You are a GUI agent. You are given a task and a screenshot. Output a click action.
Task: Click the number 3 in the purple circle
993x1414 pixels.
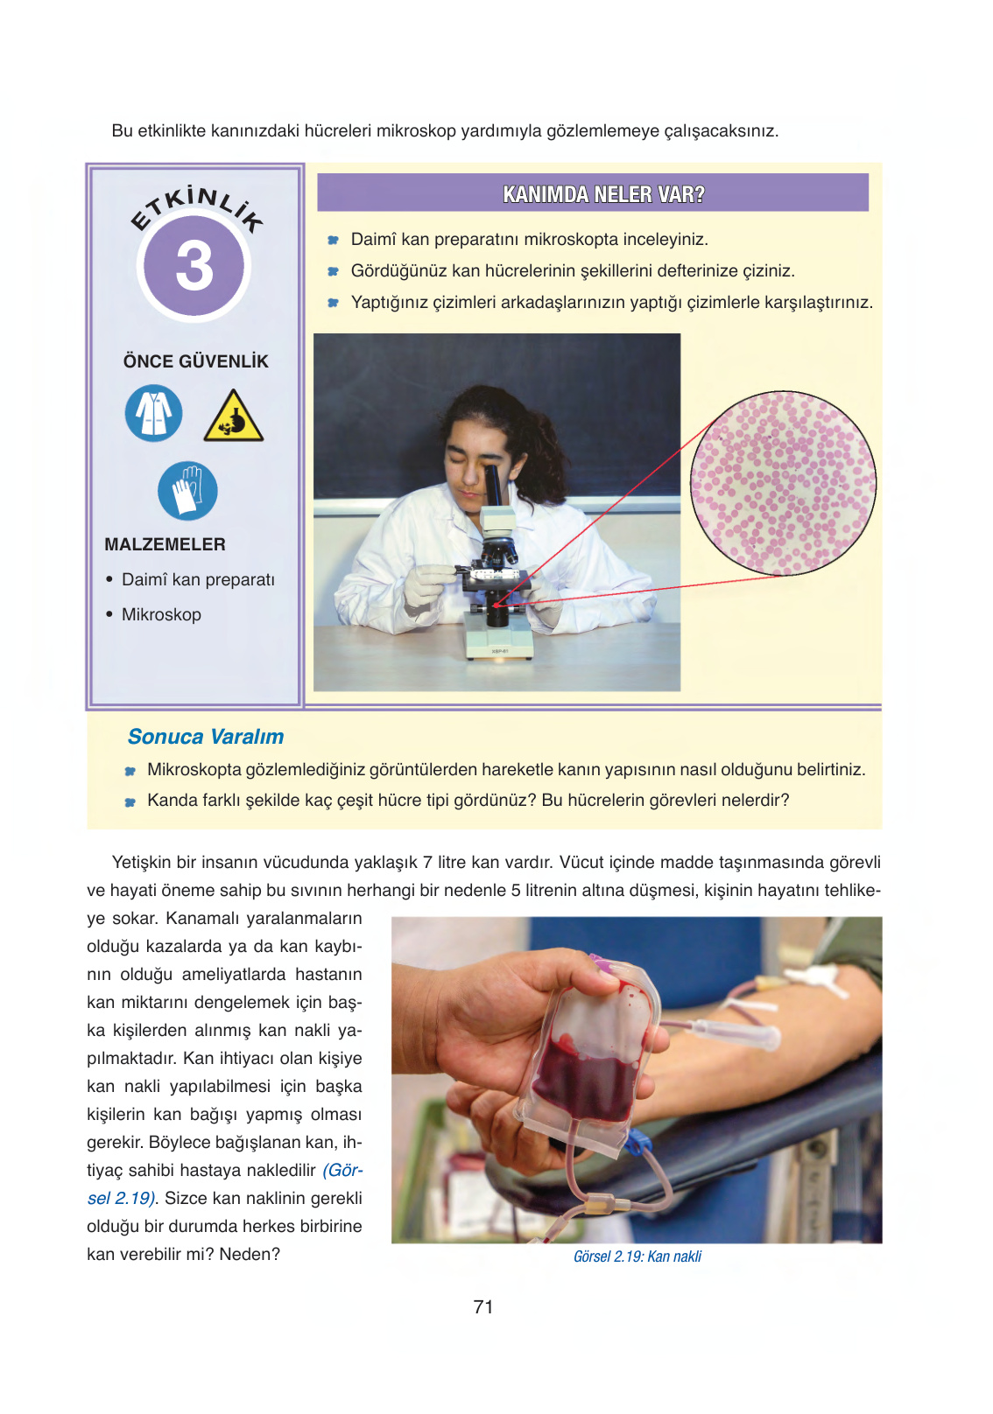pos(194,267)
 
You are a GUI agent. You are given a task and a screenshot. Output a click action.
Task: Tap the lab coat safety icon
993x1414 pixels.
pos(153,413)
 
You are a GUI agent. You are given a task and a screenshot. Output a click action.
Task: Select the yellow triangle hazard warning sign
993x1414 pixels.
pos(233,416)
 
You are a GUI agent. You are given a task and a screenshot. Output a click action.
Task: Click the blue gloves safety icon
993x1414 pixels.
pos(187,491)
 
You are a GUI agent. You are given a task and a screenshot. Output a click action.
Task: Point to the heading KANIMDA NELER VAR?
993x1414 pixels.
pos(603,194)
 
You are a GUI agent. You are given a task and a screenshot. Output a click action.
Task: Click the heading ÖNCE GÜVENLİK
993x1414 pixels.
pos(196,361)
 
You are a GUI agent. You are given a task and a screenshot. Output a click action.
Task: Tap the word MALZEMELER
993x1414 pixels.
pos(165,544)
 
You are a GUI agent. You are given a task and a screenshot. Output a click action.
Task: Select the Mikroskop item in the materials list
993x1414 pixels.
pos(161,614)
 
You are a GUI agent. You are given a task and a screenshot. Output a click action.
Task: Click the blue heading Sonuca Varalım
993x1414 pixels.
pos(206,736)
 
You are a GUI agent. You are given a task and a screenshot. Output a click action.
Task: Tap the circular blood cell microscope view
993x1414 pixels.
pos(783,483)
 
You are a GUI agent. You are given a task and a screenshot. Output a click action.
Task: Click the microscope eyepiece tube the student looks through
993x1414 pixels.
pos(495,485)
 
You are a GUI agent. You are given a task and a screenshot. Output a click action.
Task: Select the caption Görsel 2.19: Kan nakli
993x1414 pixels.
pos(637,1256)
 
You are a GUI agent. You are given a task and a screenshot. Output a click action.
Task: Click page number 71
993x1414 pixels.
pos(483,1306)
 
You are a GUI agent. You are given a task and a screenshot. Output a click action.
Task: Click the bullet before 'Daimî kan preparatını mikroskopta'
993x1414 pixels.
pos(333,240)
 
